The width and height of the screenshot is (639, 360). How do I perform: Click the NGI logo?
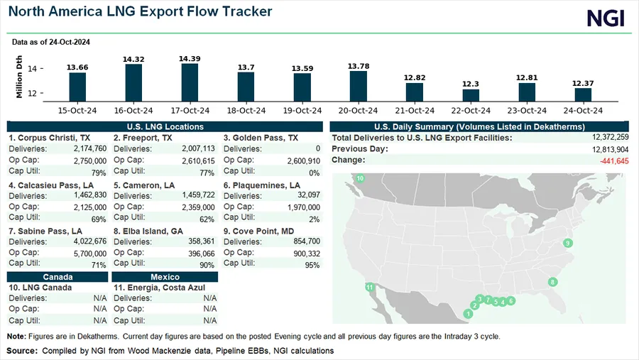point(606,18)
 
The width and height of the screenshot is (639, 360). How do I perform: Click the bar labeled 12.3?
point(471,95)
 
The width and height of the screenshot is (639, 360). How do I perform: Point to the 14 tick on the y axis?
point(33,69)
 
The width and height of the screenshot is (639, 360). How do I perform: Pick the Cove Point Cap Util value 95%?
point(310,264)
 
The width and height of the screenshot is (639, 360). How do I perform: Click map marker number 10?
point(360,178)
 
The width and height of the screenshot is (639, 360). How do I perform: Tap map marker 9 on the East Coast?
point(567,244)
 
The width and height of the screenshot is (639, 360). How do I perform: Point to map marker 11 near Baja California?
point(369,287)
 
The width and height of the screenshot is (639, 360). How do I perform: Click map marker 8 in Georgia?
point(552,282)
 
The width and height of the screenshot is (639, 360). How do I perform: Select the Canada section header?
point(57,277)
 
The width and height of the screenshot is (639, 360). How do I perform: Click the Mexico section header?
point(165,277)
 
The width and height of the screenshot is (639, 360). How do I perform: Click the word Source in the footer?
point(22,351)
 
